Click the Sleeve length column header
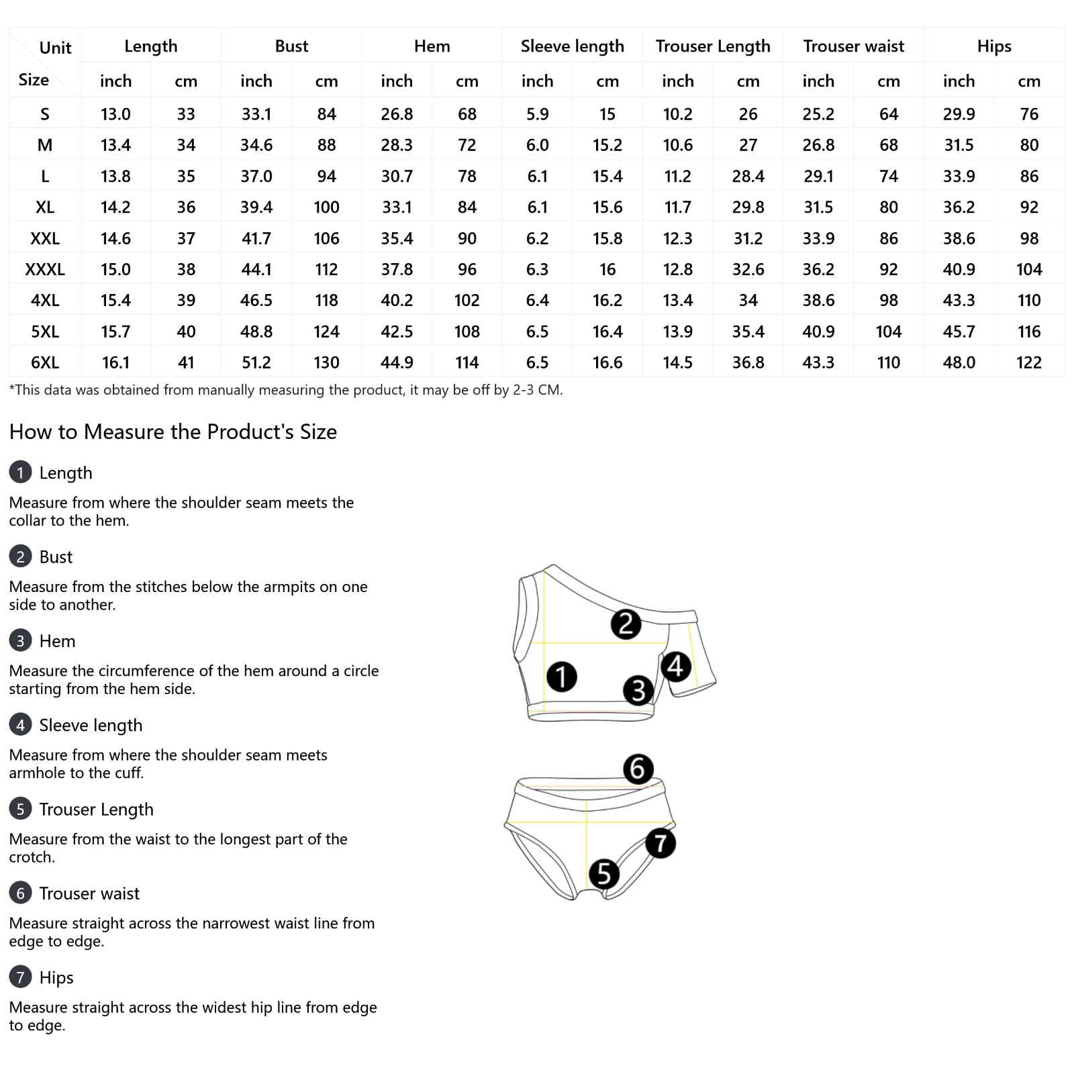point(572,46)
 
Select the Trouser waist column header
point(853,46)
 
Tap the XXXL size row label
point(45,270)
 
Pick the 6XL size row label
point(45,363)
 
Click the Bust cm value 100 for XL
point(326,207)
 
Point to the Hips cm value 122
point(1028,363)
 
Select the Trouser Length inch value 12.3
point(678,238)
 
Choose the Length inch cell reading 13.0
point(115,114)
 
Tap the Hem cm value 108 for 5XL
point(467,332)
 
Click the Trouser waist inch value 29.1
point(818,177)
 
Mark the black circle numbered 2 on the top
point(626,624)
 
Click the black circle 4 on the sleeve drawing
point(675,667)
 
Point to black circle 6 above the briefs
point(638,769)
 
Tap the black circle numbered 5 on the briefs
point(603,874)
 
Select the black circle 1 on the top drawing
point(561,677)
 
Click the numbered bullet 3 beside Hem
point(20,641)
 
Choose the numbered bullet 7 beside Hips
point(20,977)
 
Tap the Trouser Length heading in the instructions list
point(96,810)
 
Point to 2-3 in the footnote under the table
point(524,390)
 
